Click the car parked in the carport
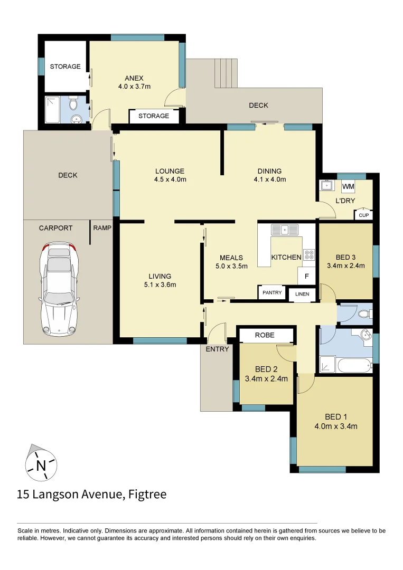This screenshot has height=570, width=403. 59,290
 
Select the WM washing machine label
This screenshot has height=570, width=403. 348,187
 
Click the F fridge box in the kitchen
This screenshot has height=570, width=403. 306,275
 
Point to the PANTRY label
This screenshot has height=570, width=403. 272,292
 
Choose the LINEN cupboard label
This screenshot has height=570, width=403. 302,294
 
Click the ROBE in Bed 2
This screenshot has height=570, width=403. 265,335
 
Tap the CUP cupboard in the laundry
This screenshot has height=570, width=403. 363,215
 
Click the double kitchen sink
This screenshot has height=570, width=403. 285,230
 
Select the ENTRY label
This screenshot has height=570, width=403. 217,349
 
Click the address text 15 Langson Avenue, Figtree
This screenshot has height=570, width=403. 91,495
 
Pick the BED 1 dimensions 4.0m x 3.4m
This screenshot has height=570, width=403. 336,426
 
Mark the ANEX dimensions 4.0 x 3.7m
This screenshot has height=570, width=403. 135,85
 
